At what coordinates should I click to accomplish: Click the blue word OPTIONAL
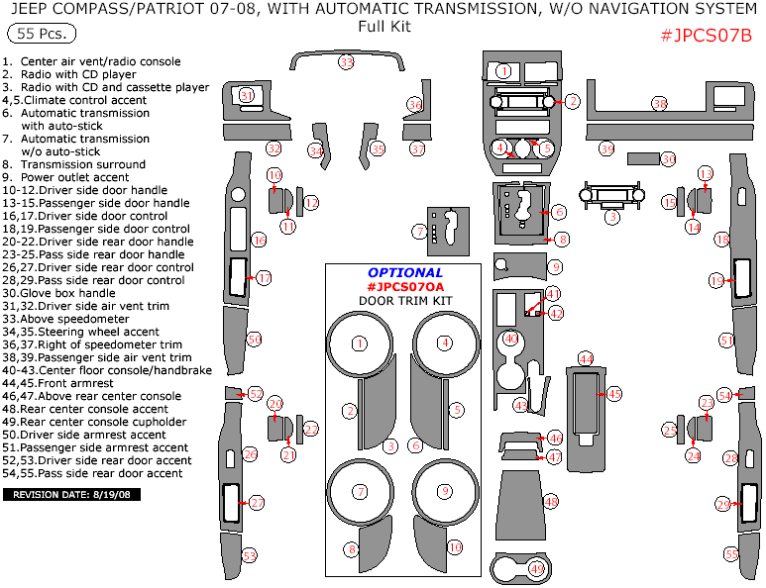coord(405,272)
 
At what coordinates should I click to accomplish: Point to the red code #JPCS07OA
coord(405,286)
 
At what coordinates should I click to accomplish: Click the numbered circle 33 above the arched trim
coord(346,62)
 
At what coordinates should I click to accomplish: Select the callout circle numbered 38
coord(660,104)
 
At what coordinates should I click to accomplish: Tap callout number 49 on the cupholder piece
coord(536,568)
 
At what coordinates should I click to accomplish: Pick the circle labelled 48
coord(551,502)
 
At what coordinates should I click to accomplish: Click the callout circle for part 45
coord(614,394)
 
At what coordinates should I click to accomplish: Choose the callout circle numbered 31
coord(247,95)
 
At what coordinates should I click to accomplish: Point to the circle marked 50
coord(255,340)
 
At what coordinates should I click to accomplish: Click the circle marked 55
coord(731,554)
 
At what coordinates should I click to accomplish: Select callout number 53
coord(250,555)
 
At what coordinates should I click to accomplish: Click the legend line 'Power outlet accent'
coord(70,177)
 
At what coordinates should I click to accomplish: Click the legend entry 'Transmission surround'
coord(72,164)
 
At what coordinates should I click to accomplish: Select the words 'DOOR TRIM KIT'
coord(404,300)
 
